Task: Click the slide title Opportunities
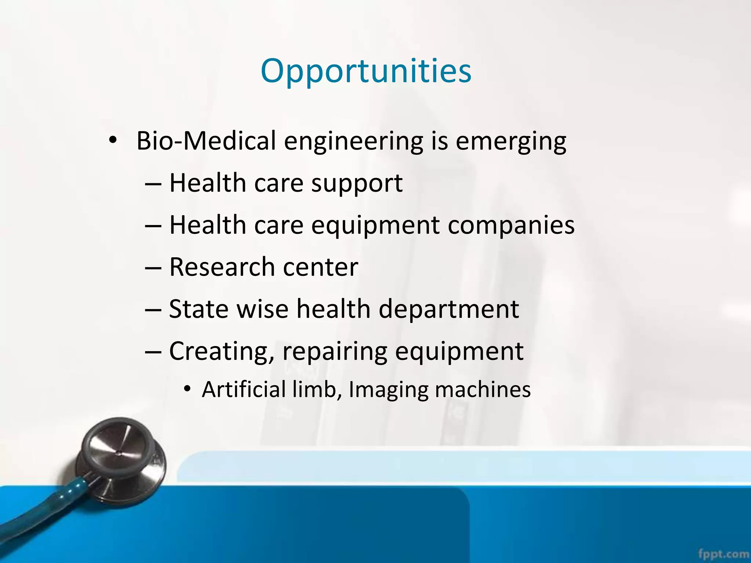tap(366, 71)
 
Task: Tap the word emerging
tap(511, 141)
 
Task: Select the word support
tap(357, 183)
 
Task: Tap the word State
tap(199, 309)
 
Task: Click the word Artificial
tap(243, 389)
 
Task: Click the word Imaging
tap(388, 390)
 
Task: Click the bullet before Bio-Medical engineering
tap(113, 140)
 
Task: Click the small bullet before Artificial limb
tap(187, 389)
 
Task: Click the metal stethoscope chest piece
tap(121, 458)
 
